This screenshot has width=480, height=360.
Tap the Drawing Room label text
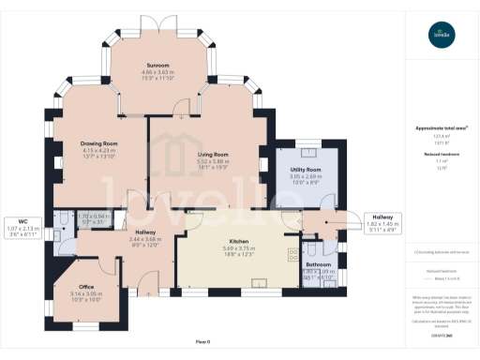97,143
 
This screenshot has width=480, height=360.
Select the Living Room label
214,154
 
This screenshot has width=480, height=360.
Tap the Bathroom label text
319,264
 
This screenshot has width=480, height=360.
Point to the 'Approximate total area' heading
441,128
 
